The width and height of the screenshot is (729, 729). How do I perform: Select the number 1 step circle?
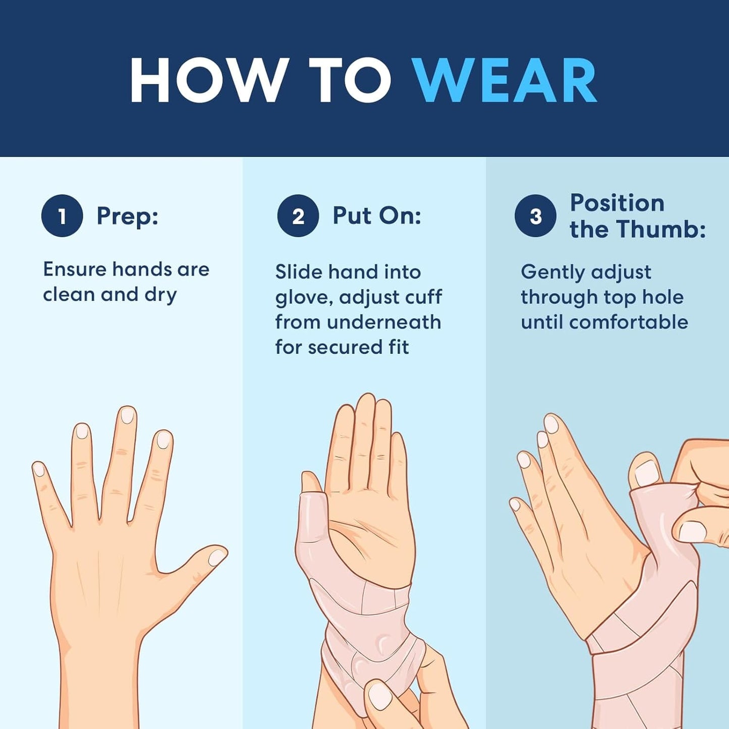62,216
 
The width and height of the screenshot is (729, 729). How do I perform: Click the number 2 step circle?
298,216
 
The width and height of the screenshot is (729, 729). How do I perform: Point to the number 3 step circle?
535,216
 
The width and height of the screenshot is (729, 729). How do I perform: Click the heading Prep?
128,216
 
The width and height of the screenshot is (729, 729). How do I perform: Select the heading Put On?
377,215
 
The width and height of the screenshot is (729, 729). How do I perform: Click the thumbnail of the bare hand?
217,556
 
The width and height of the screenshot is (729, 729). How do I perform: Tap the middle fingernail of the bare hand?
128,415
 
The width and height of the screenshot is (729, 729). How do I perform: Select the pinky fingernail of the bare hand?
39,469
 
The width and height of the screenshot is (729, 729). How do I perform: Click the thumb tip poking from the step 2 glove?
311,482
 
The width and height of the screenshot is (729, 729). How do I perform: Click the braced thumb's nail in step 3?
645,473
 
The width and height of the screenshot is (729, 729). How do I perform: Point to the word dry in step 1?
160,295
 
